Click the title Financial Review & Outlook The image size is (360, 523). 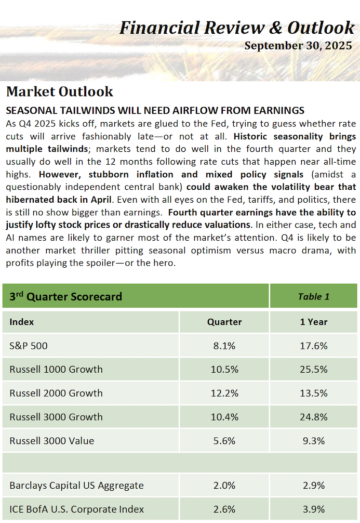[x=236, y=27]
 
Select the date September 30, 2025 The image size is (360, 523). [x=298, y=46]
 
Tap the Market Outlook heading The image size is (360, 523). [x=59, y=92]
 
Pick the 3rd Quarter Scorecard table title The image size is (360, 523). [x=65, y=297]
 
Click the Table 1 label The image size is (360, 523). [x=313, y=297]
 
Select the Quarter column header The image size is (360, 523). [x=224, y=322]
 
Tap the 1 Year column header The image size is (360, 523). [x=313, y=322]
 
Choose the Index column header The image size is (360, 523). [x=21, y=322]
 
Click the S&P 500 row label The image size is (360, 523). [x=29, y=346]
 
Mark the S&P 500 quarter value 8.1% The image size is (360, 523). [x=224, y=346]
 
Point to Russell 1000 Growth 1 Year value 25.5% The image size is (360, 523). [x=313, y=370]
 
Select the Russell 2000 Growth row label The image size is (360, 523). [x=56, y=394]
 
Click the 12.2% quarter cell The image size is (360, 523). [x=224, y=394]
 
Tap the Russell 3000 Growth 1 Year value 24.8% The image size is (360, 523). [x=313, y=417]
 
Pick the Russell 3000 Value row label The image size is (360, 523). [x=52, y=441]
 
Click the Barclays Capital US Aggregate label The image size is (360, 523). [x=76, y=486]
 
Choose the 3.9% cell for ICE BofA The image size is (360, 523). [x=313, y=509]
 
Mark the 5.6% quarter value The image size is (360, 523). [x=224, y=441]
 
